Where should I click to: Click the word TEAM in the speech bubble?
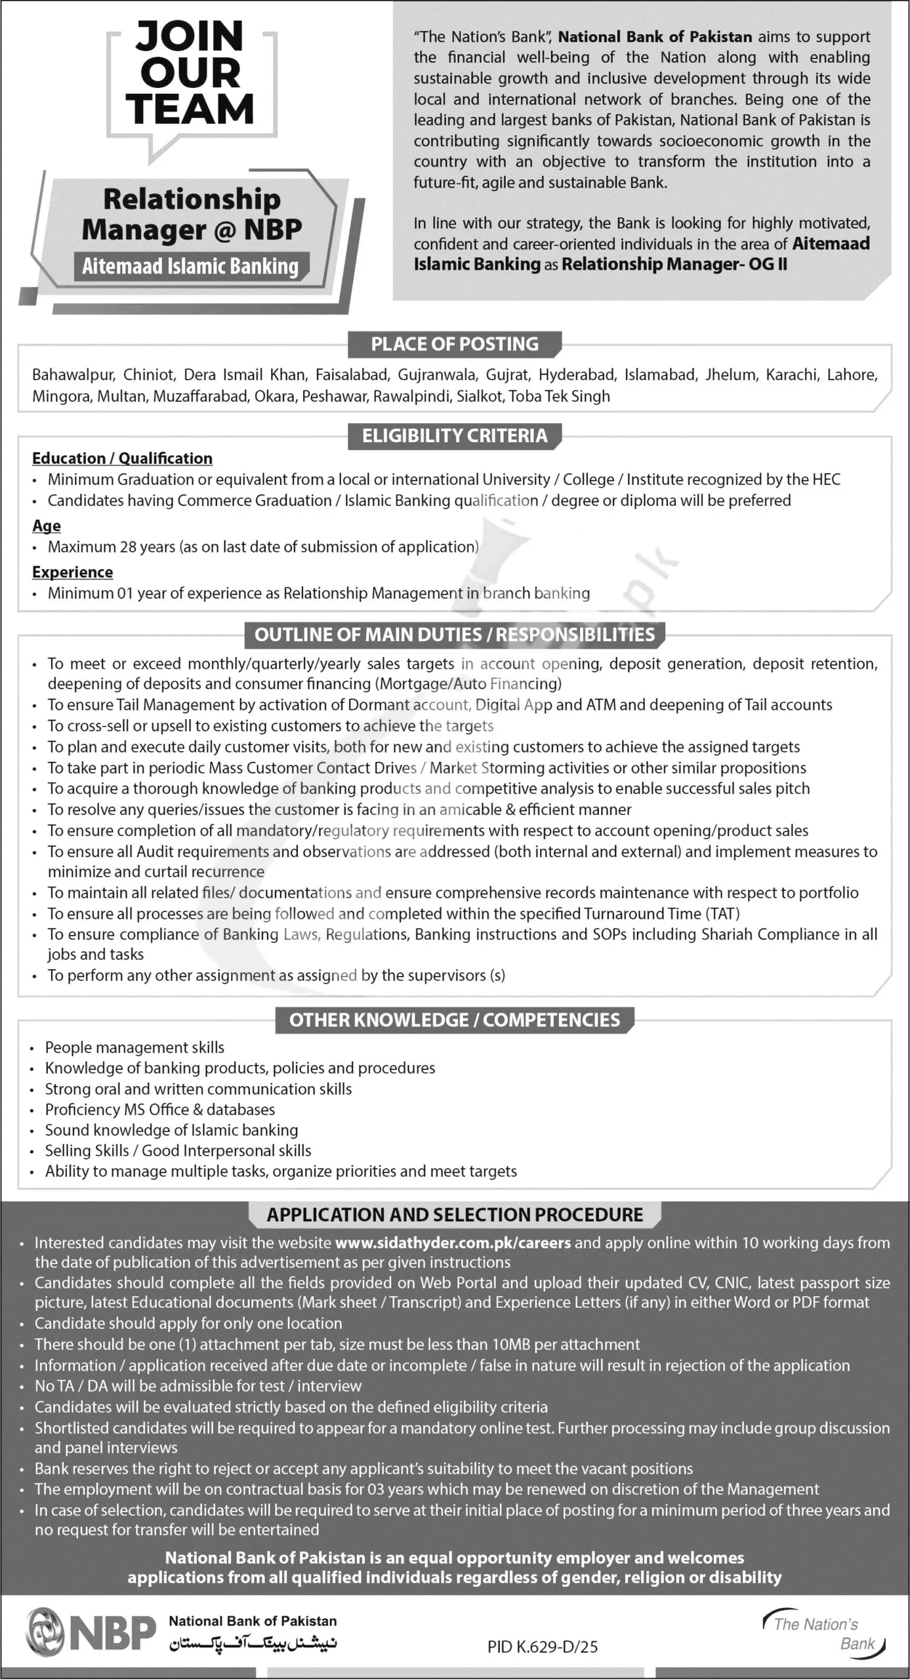(x=190, y=109)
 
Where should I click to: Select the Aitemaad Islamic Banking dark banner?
(x=190, y=266)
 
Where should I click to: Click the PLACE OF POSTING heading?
(x=454, y=344)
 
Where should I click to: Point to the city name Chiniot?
(x=150, y=375)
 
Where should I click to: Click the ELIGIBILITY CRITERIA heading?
(x=454, y=436)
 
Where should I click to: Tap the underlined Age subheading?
(x=47, y=526)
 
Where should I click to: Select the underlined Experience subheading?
(x=72, y=572)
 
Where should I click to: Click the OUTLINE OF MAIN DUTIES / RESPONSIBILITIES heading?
(x=454, y=635)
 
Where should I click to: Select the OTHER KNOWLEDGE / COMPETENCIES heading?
(x=454, y=1020)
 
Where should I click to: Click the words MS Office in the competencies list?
(x=154, y=1110)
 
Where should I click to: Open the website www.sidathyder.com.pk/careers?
(x=453, y=1243)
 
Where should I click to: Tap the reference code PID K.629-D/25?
(x=542, y=1647)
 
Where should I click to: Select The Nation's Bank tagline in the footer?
(x=824, y=1633)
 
